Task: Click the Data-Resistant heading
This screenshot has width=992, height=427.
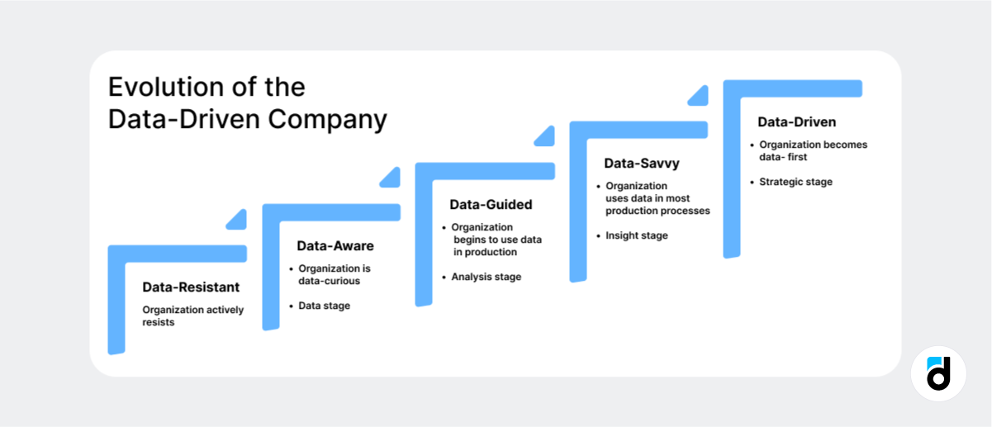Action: coord(191,287)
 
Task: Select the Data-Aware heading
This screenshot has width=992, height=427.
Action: coord(335,246)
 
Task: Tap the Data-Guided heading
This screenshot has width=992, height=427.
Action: coord(491,204)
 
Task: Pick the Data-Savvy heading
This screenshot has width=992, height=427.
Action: coord(642,164)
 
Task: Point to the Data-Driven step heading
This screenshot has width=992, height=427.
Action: coord(797,122)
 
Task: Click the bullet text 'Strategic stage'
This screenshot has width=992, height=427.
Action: coord(795,182)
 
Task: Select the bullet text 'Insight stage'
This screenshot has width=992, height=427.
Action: coord(636,235)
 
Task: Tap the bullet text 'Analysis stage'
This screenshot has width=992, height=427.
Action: coord(486,277)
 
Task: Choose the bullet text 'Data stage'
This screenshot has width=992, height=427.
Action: coord(324,306)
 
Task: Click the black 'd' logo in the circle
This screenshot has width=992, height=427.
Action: coord(939,374)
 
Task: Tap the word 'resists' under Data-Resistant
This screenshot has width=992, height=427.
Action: coord(159,322)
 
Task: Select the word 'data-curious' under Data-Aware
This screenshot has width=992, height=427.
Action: coord(329,281)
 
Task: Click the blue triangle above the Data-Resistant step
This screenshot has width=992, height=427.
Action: coord(238,220)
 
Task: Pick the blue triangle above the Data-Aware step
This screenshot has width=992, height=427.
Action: coord(391,178)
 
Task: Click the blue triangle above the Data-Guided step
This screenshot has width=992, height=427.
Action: coord(545,137)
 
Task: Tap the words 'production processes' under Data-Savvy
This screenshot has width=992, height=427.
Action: coord(657,211)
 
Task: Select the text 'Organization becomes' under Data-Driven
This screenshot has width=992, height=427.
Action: coord(813,145)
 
